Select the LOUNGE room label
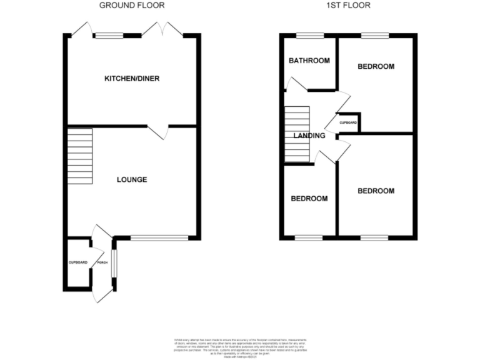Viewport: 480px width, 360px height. point(132,180)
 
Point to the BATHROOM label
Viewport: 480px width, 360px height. point(309,61)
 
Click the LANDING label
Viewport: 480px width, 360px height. point(309,136)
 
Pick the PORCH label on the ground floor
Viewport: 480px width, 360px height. point(101,262)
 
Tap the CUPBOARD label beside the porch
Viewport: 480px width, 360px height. point(78,262)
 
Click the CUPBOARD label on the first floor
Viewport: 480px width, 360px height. point(348,122)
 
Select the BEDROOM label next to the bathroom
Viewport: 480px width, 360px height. point(376,66)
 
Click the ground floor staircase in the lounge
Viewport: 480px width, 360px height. point(80,156)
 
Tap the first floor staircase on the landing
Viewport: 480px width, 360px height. point(297,133)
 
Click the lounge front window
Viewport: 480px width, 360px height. point(159,237)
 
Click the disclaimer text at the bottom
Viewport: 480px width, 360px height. point(239,345)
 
